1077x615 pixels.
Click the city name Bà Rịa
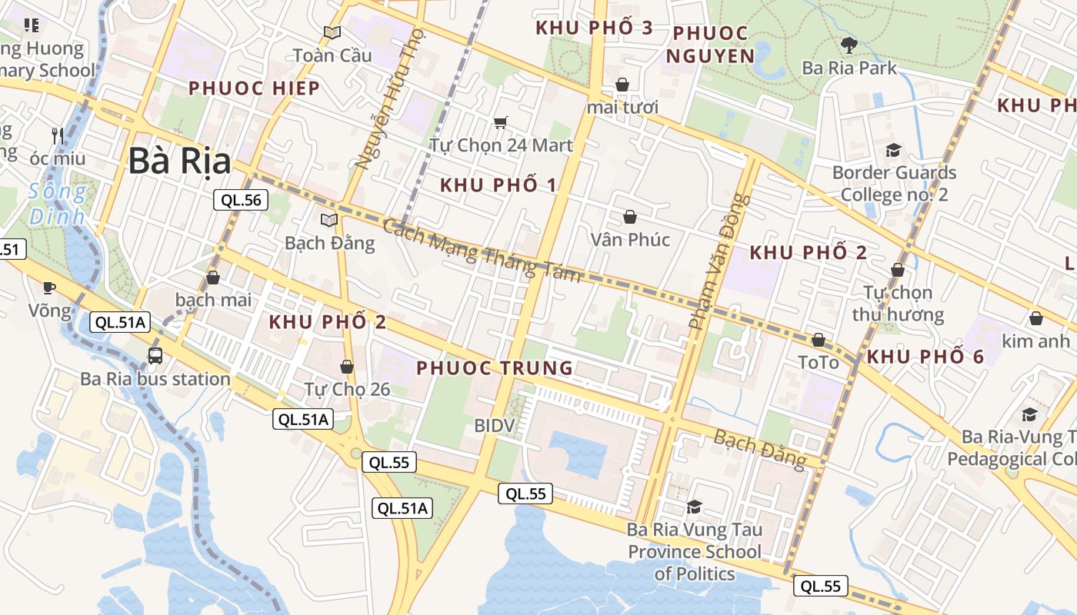tap(179, 161)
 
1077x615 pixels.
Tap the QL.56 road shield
tap(241, 201)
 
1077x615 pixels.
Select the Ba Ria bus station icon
tap(155, 355)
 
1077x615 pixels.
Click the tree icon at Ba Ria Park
tap(849, 45)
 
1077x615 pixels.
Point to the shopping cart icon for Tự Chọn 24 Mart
tap(501, 122)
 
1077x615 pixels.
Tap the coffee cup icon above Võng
tap(49, 288)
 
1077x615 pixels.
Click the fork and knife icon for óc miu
tap(58, 136)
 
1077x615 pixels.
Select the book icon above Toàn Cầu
tap(332, 32)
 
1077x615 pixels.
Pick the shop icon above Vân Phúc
tap(630, 217)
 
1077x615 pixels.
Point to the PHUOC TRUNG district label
tap(495, 368)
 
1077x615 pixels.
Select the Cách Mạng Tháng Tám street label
tap(482, 251)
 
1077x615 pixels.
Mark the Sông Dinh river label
tap(57, 204)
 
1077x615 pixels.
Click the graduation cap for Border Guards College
tap(893, 150)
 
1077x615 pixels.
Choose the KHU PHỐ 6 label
tap(925, 357)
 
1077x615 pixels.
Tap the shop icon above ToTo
tap(819, 340)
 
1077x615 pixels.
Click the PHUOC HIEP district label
tap(254, 88)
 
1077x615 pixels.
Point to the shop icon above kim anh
tap(1036, 318)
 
